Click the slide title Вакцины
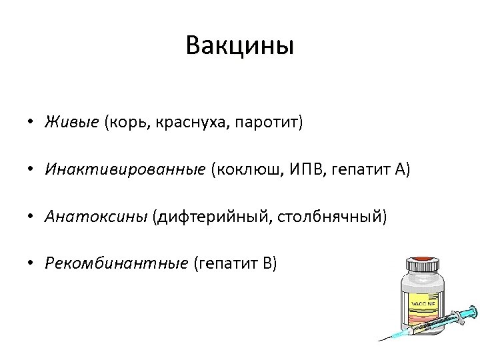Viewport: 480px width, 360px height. coord(240,46)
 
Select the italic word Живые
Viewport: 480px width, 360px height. coord(72,122)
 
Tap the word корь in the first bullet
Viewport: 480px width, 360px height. coord(125,123)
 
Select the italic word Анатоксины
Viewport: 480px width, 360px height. coord(96,216)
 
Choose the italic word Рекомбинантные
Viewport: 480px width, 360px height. coord(117,263)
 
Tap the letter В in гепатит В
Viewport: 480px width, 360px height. coord(268,263)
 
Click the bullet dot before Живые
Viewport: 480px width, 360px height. coord(31,123)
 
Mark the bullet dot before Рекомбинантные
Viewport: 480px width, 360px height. coord(31,263)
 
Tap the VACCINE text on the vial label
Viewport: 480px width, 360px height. coord(422,303)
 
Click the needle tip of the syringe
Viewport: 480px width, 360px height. coord(381,339)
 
